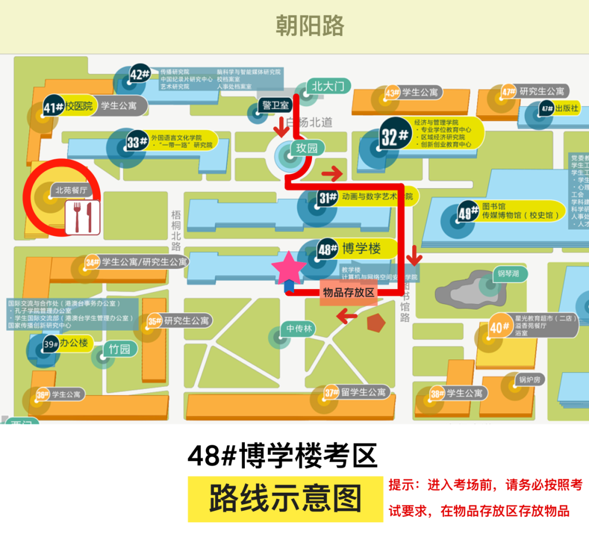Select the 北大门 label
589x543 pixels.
(328, 86)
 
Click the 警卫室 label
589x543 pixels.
(275, 105)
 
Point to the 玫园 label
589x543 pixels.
(306, 147)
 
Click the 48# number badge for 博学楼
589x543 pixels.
(328, 250)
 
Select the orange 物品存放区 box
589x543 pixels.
(348, 293)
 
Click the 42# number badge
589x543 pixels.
(140, 74)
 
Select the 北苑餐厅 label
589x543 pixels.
(71, 190)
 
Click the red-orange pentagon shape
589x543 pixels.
(376, 323)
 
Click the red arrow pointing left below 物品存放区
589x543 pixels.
(347, 315)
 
